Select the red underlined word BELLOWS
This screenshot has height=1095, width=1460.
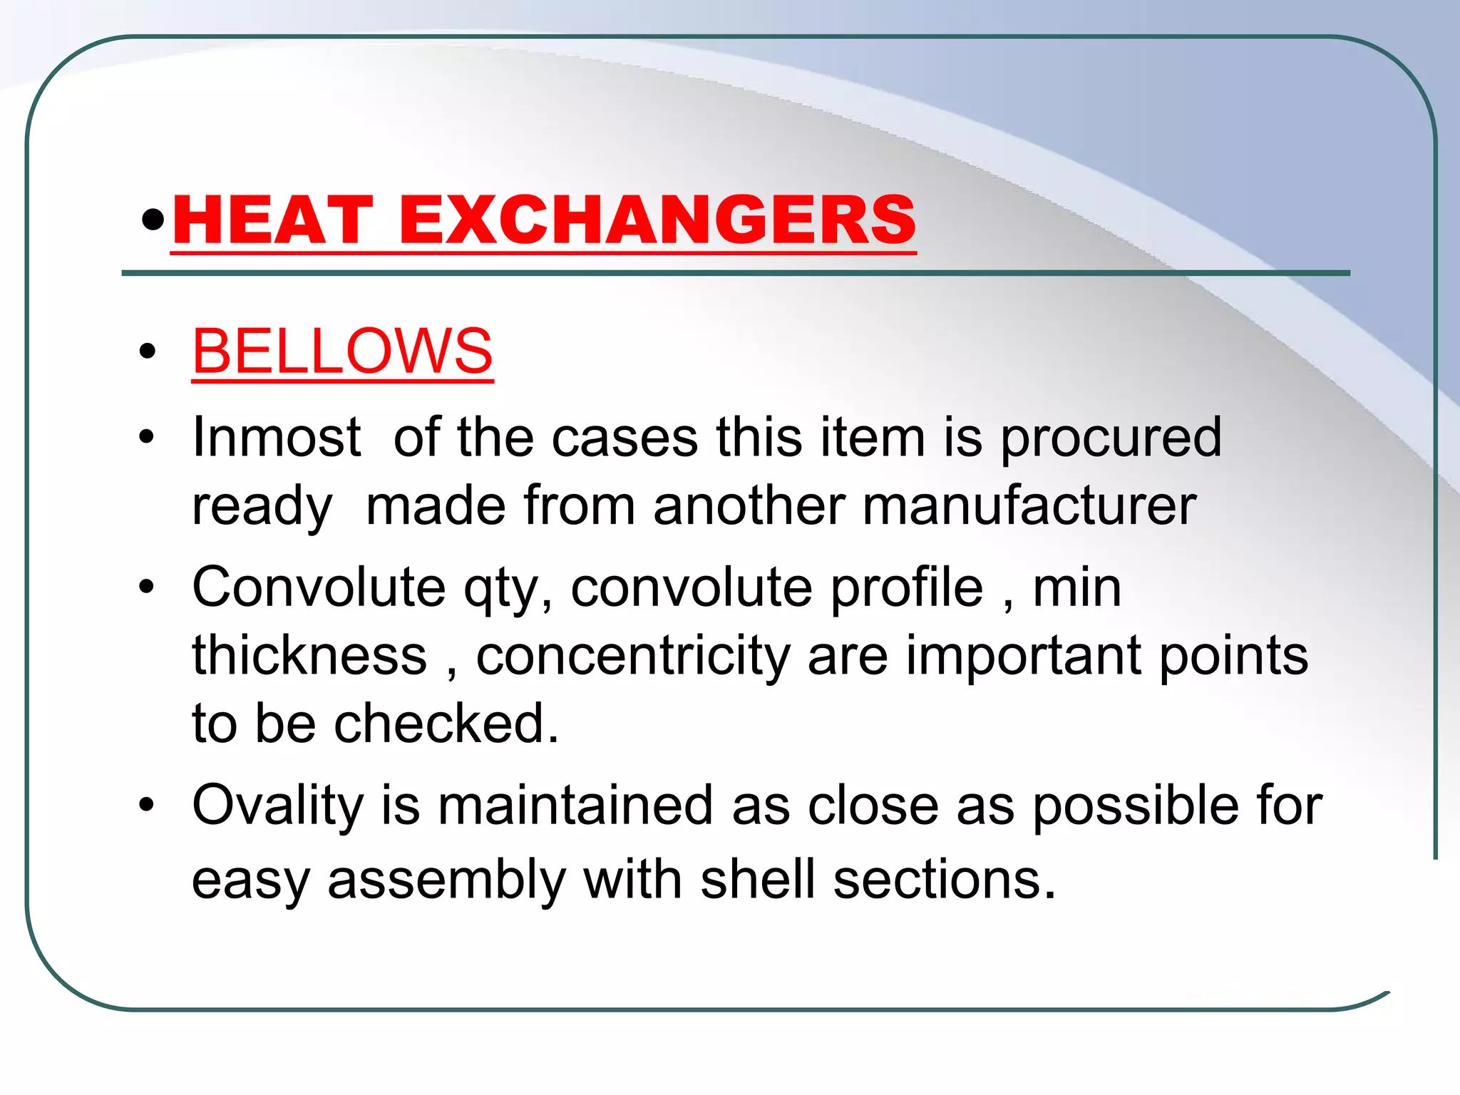pyautogui.click(x=342, y=351)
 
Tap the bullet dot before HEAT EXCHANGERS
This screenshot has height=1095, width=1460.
pyautogui.click(x=153, y=220)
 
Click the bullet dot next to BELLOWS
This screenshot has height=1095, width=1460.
pyautogui.click(x=148, y=351)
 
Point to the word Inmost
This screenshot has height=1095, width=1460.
pyautogui.click(x=277, y=436)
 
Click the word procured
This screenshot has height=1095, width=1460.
pyautogui.click(x=1111, y=438)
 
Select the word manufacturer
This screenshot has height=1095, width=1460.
pyautogui.click(x=1029, y=505)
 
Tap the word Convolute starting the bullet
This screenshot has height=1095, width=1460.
pyautogui.click(x=319, y=587)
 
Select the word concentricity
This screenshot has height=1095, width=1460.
pyautogui.click(x=633, y=656)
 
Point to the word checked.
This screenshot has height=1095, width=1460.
pyautogui.click(x=446, y=723)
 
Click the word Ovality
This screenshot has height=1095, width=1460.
pyautogui.click(x=277, y=806)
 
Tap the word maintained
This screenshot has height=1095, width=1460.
pyautogui.click(x=575, y=805)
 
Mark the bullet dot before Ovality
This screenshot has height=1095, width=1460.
pyautogui.click(x=147, y=805)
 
